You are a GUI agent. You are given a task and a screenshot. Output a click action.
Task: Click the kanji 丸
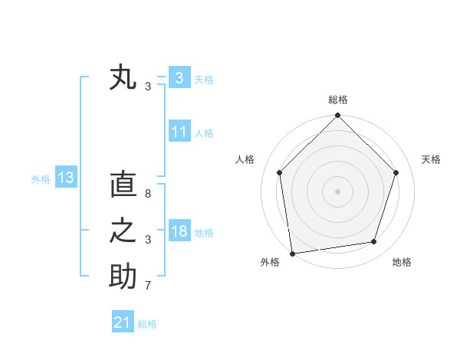123,78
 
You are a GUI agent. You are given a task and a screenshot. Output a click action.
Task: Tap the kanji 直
123,185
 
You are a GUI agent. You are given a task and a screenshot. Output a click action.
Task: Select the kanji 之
123,231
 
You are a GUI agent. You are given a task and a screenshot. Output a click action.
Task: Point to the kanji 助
123,277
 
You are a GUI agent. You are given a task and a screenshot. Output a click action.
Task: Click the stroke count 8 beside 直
147,194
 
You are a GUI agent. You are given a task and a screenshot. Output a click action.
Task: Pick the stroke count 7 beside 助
147,286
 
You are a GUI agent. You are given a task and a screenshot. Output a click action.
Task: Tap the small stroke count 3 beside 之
147,240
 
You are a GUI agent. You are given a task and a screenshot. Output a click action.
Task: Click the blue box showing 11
179,132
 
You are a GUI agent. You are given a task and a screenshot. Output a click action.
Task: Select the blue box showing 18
179,231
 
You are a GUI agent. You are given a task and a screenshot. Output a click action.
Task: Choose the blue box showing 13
66,178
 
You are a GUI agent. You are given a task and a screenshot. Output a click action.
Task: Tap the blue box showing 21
123,322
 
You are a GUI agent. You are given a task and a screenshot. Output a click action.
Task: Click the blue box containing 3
179,78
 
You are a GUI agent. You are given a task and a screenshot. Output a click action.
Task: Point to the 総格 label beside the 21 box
147,324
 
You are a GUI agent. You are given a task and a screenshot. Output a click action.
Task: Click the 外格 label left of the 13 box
41,179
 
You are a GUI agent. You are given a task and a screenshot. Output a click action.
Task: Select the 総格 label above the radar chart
337,100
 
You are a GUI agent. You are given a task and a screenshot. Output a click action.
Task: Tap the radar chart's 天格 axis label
431,159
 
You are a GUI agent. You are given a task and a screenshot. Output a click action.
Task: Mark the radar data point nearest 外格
292,253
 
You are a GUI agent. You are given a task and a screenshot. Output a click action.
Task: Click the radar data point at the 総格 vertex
337,116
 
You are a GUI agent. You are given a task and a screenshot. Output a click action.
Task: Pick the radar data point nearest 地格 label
374,242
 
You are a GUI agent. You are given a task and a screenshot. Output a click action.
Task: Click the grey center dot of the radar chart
337,191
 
